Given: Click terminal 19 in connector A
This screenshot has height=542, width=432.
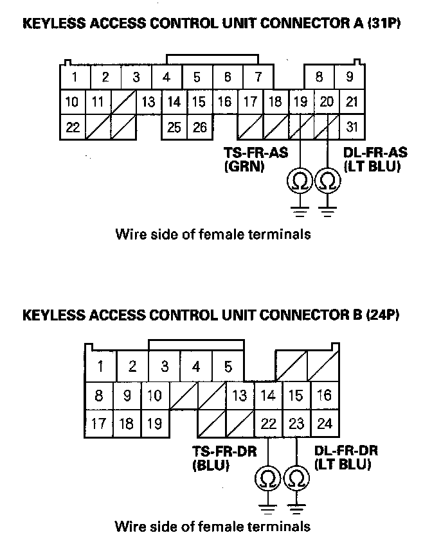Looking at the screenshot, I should pyautogui.click(x=300, y=101).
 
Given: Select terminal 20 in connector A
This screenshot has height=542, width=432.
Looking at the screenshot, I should pyautogui.click(x=327, y=101).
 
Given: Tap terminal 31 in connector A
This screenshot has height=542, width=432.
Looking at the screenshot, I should pyautogui.click(x=352, y=127).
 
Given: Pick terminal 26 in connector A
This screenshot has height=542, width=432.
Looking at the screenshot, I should pyautogui.click(x=200, y=127).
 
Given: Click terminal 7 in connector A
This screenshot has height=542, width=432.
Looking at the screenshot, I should pyautogui.click(x=258, y=77).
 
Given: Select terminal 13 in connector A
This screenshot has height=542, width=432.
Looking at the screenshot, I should pyautogui.click(x=148, y=101).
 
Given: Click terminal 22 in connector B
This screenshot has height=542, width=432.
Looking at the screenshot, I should pyautogui.click(x=268, y=423).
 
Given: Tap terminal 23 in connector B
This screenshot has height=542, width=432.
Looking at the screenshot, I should pyautogui.click(x=296, y=423).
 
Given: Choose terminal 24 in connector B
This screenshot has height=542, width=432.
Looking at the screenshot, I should pyautogui.click(x=325, y=423).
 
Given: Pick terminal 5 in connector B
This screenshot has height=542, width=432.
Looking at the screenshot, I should pyautogui.click(x=228, y=367).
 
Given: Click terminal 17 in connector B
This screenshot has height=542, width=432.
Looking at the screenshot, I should pyautogui.click(x=98, y=423).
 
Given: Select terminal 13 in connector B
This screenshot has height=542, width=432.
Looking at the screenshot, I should pyautogui.click(x=240, y=396).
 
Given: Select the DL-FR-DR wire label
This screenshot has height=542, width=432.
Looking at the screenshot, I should pyautogui.click(x=346, y=457).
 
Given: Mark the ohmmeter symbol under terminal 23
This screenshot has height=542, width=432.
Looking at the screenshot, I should pyautogui.click(x=296, y=479).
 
